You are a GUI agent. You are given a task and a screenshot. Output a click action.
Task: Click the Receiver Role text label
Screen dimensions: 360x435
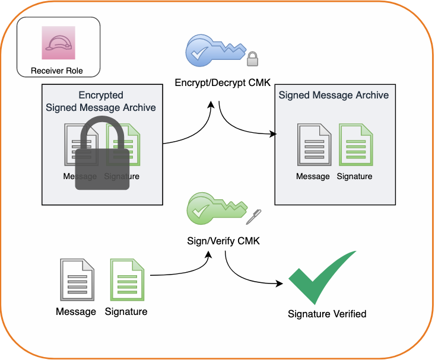coord(57,72)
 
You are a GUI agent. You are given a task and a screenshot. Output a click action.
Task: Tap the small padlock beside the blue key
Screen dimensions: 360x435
coord(253,59)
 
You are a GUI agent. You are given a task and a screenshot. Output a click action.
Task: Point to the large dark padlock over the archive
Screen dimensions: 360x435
coord(102,157)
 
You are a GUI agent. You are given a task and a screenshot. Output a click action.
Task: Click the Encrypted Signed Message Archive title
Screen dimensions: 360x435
coord(101,101)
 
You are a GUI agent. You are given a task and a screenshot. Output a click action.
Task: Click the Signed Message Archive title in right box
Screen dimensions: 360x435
coord(334,95)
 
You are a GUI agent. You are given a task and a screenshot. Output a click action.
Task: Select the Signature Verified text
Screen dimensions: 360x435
coord(327,314)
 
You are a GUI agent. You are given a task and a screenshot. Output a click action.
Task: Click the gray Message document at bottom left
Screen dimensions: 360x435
coord(76,280)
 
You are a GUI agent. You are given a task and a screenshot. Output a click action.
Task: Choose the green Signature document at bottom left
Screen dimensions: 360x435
coord(126,280)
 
